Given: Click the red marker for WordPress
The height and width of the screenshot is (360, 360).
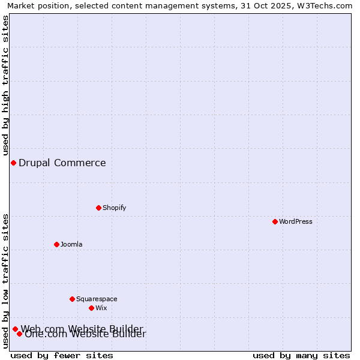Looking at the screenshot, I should pos(275,221).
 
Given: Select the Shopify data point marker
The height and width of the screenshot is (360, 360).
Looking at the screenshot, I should pos(98,208).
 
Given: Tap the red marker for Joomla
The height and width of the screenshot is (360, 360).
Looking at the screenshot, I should pos(56,244).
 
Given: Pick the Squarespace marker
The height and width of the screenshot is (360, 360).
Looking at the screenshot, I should pos(72,299).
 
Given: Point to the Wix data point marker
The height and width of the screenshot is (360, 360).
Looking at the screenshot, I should pos(91,308).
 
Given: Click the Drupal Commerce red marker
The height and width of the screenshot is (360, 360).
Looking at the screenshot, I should pos(13,163).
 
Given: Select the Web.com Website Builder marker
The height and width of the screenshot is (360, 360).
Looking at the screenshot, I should pos(15,329).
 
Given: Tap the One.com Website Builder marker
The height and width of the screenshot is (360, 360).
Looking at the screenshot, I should pos(20,334).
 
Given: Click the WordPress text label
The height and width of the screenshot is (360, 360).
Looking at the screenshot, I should pos(296,222).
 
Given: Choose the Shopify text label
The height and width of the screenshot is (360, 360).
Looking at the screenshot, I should pos(114,208).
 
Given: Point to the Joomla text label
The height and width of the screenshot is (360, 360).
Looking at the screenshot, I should pos(71,245).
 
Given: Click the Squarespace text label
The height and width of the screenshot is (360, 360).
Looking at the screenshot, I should pos(97,299).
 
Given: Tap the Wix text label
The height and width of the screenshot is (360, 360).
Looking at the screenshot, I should pos(101,308).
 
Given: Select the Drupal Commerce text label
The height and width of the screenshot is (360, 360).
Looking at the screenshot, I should pos(62,163).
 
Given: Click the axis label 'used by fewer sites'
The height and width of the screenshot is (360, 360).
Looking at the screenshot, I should pos(62,355).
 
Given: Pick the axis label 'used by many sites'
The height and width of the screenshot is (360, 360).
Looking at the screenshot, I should pos(301,355).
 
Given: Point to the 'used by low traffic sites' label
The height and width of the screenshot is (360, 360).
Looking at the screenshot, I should pos(5,281).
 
